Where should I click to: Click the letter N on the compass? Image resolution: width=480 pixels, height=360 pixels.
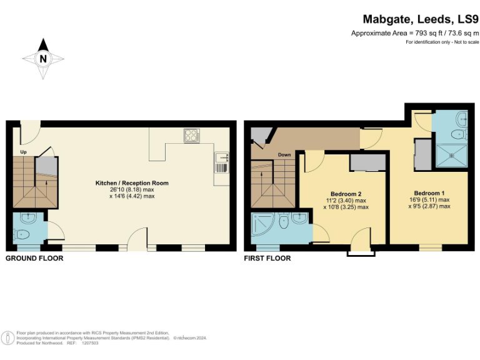pos(43,59)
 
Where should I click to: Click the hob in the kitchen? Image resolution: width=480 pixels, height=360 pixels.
pos(191,135)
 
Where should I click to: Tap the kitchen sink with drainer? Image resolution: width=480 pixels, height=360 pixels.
pos(221,163)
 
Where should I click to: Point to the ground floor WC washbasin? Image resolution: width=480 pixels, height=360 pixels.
pos(28,218)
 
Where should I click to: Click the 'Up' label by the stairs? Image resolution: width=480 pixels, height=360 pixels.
pos(23,152)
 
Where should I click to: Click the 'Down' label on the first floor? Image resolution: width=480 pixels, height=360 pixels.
pos(284,154)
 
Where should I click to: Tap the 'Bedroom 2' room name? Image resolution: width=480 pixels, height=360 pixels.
pos(346,194)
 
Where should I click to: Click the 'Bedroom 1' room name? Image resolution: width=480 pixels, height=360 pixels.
pos(429,193)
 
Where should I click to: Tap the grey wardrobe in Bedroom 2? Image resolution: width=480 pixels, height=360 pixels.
pos(367,162)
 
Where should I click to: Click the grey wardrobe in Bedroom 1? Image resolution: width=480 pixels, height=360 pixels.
pos(422,154)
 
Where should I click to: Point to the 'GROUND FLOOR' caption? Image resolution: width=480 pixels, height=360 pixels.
pos(34,258)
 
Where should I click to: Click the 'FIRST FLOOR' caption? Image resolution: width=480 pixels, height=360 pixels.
pos(267,258)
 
